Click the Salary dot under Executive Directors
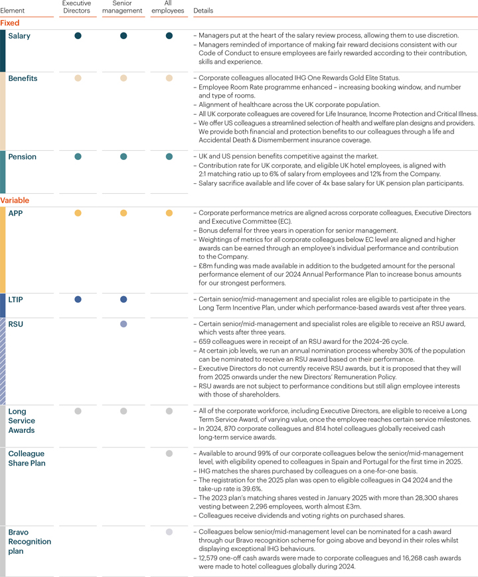(78, 36)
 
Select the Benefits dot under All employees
(169, 78)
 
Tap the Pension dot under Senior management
(123, 157)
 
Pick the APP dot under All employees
(169, 213)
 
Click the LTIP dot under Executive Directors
(78, 299)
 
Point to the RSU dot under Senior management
(123, 324)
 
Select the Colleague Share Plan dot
(169, 453)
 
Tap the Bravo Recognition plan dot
(169, 532)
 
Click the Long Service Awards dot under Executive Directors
(78, 411)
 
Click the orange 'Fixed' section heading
(10, 23)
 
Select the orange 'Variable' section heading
(15, 200)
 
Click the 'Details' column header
(203, 11)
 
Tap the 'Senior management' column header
(123, 7)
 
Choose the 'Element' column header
(13, 11)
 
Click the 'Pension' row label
(22, 157)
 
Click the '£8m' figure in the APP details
(206, 265)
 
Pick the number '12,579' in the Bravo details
(211, 558)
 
